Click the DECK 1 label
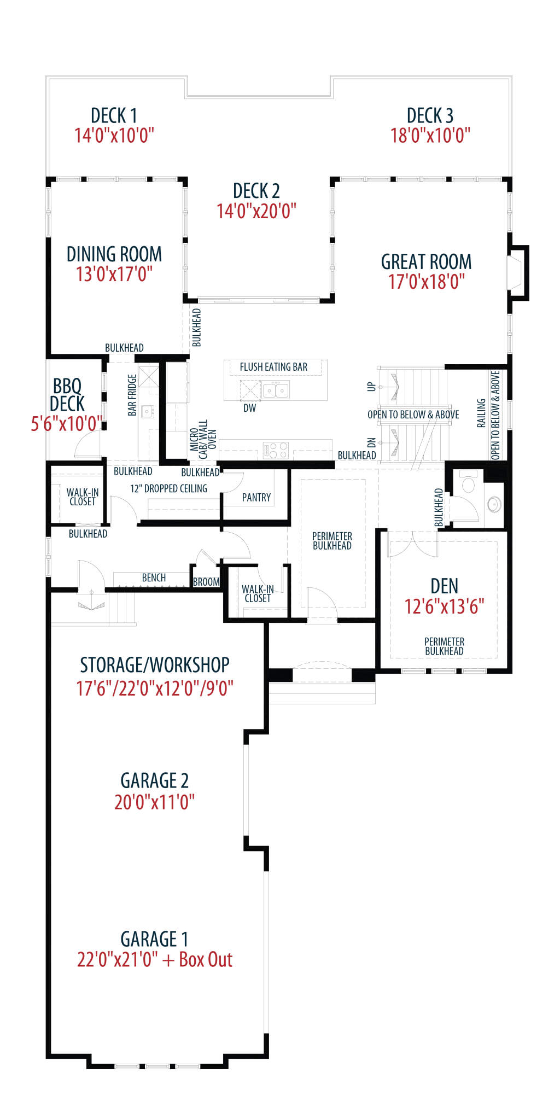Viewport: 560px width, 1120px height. (x=114, y=116)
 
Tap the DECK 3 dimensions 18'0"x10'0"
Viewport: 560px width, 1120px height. (x=430, y=136)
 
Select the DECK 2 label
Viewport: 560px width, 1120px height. (x=256, y=191)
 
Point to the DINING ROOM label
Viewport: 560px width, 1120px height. (x=114, y=254)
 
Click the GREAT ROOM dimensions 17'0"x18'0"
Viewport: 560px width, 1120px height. (x=426, y=282)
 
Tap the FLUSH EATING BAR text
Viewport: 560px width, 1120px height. (x=273, y=367)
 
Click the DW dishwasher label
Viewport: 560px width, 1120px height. (x=250, y=408)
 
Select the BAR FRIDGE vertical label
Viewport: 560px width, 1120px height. (x=132, y=394)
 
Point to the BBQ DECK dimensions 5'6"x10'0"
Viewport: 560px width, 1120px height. (x=67, y=424)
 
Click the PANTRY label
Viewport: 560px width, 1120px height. (x=256, y=497)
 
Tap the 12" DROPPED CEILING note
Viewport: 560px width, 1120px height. (x=169, y=488)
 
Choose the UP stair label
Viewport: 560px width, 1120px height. (x=372, y=387)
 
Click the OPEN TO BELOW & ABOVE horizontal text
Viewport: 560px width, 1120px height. (x=413, y=415)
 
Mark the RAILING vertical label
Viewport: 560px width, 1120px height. (x=481, y=413)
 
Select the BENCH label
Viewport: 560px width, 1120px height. (x=154, y=578)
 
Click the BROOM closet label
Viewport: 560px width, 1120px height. (x=206, y=582)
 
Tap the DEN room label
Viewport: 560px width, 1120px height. (x=444, y=587)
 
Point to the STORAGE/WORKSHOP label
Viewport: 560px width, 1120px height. (x=155, y=665)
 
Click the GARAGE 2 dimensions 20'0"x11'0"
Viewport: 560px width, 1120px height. (x=154, y=802)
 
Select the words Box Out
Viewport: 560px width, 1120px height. (x=206, y=960)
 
